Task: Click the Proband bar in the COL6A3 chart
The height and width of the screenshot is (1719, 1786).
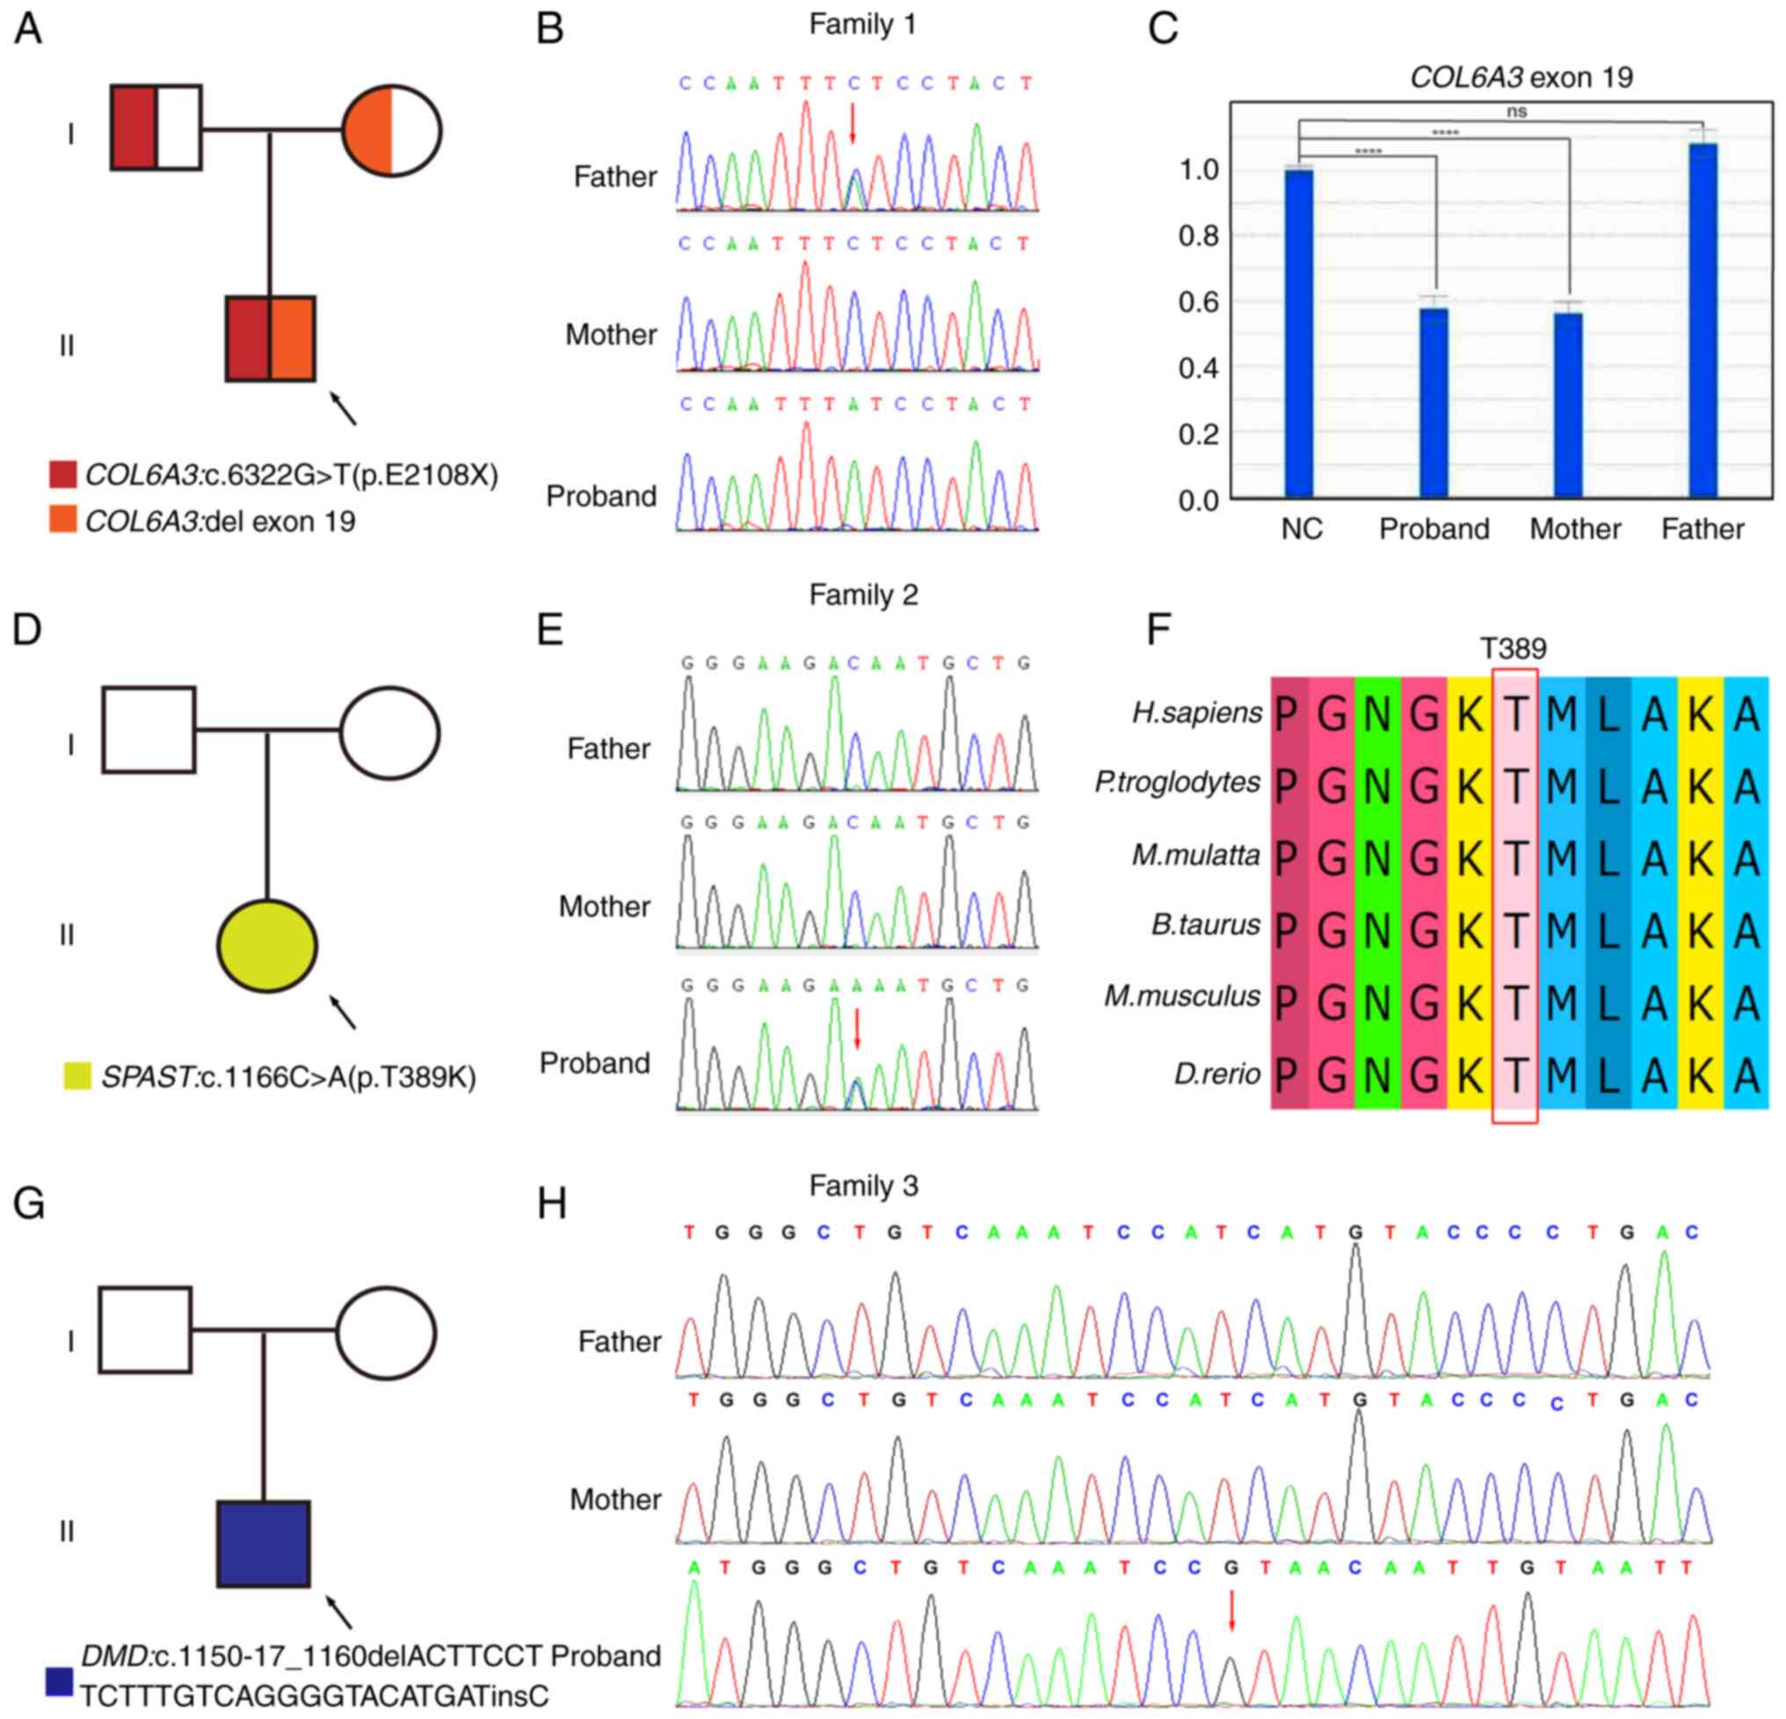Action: pyautogui.click(x=1434, y=403)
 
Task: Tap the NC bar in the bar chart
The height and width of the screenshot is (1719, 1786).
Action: pyautogui.click(x=1299, y=332)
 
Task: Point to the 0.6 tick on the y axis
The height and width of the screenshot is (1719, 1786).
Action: pyautogui.click(x=1198, y=302)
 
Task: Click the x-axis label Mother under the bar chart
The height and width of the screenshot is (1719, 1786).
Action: pyautogui.click(x=1574, y=529)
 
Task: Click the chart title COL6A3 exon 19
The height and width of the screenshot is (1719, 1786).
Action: pyautogui.click(x=1521, y=77)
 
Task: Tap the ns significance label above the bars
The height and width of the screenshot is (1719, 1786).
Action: pyautogui.click(x=1516, y=111)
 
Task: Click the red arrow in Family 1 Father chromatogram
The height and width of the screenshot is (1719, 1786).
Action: pyautogui.click(x=853, y=122)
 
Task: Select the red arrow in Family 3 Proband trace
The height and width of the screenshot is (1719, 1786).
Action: pyautogui.click(x=1232, y=1611)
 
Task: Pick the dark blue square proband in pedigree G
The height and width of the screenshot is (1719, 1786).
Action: pyautogui.click(x=264, y=1544)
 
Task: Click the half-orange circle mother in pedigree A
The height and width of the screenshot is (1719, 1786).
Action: pyautogui.click(x=392, y=131)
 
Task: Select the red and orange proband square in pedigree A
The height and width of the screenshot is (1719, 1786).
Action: pyautogui.click(x=271, y=339)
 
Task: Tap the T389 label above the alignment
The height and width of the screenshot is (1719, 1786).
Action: pyautogui.click(x=1514, y=648)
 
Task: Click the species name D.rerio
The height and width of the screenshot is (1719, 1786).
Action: pyautogui.click(x=1216, y=1074)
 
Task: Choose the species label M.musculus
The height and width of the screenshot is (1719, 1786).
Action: pyautogui.click(x=1182, y=996)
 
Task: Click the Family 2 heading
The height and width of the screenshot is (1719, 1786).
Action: pyautogui.click(x=863, y=595)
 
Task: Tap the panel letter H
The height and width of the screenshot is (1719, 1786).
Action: pyautogui.click(x=551, y=1204)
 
